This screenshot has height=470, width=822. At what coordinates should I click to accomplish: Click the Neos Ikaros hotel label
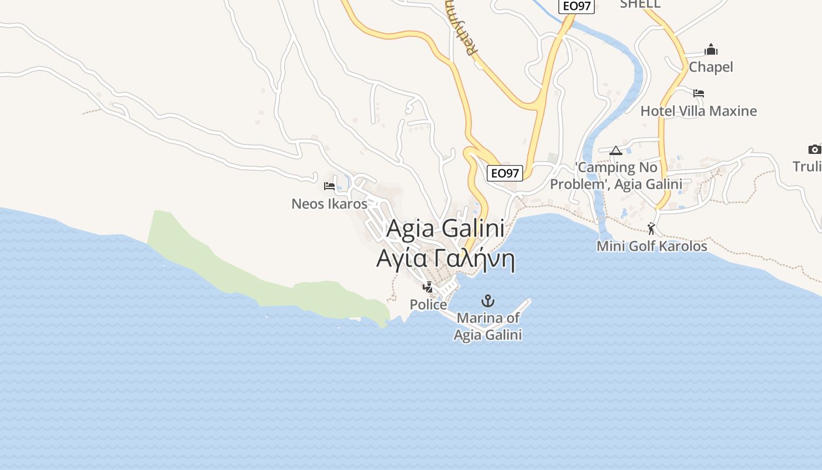(x=329, y=204)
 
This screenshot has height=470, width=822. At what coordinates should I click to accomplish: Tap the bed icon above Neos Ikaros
(x=329, y=186)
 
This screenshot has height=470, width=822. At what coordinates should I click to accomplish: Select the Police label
(x=428, y=305)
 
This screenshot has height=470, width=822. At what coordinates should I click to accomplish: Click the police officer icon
(x=428, y=287)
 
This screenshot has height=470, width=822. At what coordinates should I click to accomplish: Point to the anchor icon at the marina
(x=487, y=301)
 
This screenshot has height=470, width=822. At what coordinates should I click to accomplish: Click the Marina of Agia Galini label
(x=488, y=327)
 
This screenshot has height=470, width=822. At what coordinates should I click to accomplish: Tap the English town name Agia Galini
(x=445, y=229)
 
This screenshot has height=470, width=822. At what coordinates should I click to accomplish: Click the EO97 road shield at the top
(x=576, y=6)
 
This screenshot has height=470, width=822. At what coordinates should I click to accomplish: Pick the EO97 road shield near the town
(x=505, y=173)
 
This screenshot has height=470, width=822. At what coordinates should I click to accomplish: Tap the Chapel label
(x=710, y=67)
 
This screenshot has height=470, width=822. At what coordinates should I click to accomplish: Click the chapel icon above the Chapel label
(x=711, y=49)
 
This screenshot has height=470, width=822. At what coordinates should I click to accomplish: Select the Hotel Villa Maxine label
(x=698, y=111)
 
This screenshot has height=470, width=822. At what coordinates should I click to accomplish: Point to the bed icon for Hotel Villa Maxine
(x=699, y=93)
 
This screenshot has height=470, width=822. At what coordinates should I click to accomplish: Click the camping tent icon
(x=615, y=150)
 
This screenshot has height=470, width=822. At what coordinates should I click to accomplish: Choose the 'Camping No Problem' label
(x=616, y=176)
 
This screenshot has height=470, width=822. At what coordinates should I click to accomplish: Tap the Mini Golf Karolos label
(x=652, y=246)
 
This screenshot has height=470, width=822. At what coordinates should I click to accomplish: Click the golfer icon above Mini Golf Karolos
(x=651, y=229)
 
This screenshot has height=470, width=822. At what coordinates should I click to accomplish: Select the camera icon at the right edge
(x=814, y=149)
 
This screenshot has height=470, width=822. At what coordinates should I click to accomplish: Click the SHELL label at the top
(x=640, y=4)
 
